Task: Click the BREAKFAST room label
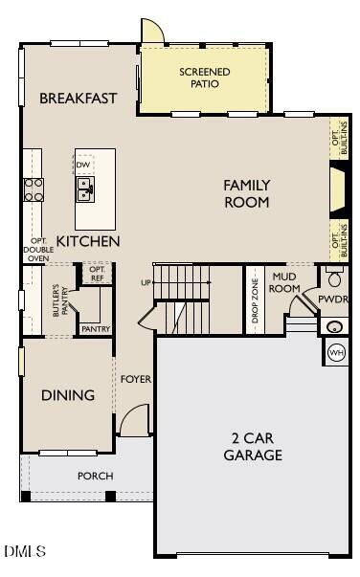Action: [x=79, y=99]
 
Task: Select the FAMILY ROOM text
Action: [x=247, y=193]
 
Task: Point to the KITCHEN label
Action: [x=88, y=242]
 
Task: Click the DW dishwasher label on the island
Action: [x=84, y=165]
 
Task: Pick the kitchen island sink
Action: [x=85, y=192]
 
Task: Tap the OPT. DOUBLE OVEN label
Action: [x=37, y=250]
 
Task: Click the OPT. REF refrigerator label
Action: [x=97, y=274]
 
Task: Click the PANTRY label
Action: [x=96, y=329]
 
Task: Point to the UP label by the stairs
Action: [x=146, y=282]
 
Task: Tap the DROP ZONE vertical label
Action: [x=255, y=301]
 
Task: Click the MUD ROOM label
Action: [x=285, y=283]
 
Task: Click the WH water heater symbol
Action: [x=336, y=352]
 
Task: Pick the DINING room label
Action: [x=68, y=395]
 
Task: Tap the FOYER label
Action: [x=135, y=379]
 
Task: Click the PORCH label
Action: [x=95, y=476]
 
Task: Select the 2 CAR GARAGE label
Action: [x=253, y=447]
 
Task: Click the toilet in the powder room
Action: [x=334, y=278]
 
